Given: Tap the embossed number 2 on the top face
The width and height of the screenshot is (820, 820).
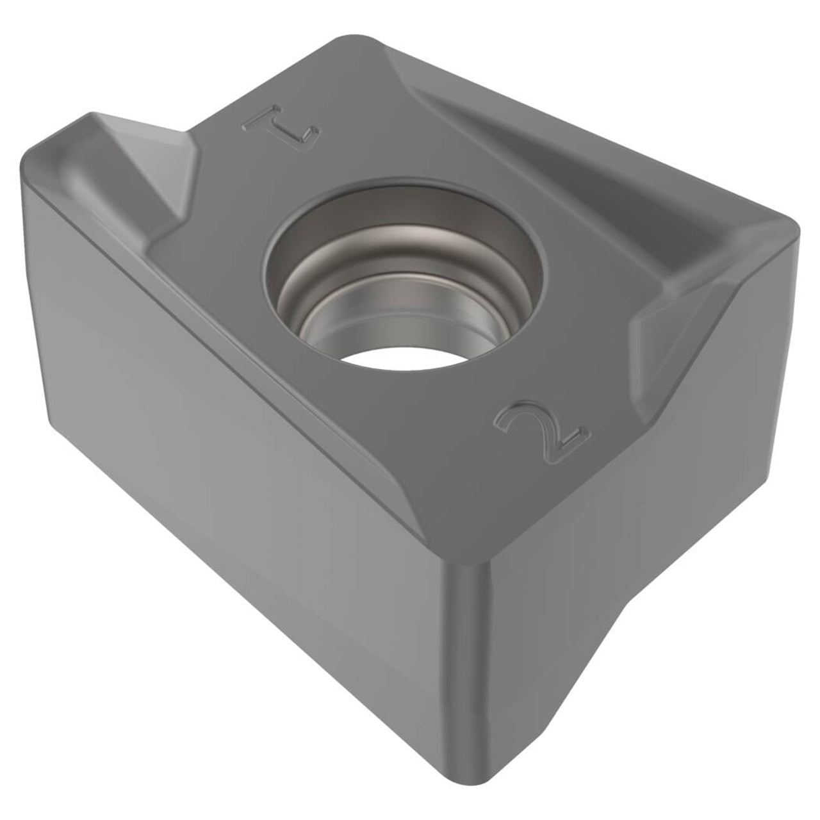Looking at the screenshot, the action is pyautogui.click(x=541, y=430).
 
